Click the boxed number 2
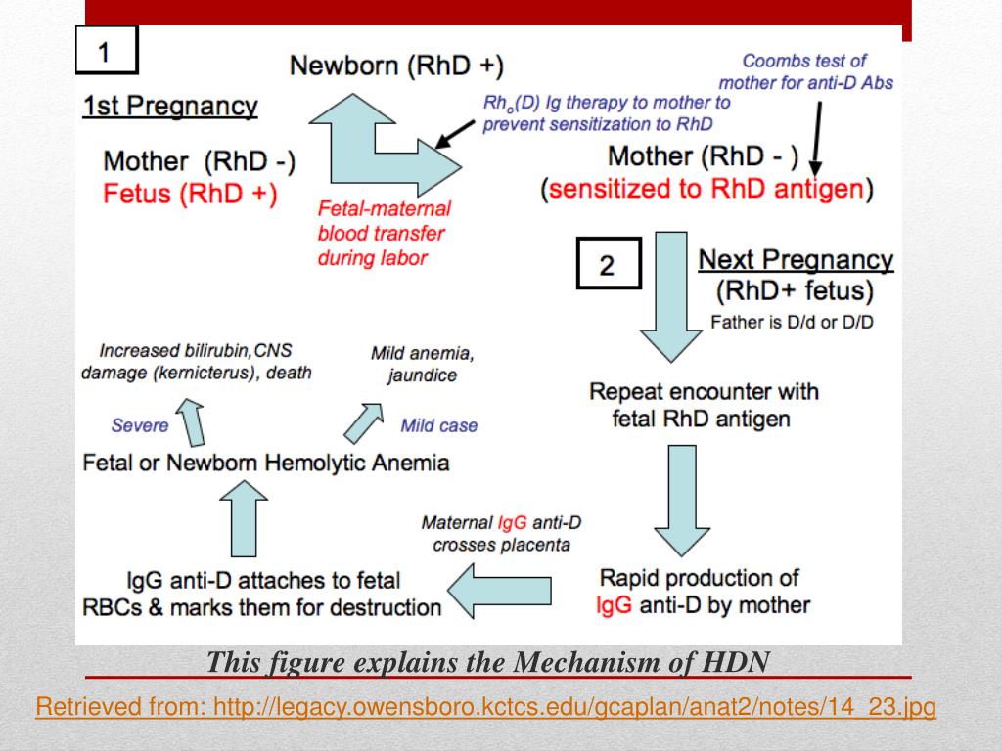607,265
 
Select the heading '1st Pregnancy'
170,107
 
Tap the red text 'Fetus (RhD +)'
190,194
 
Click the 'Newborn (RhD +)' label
396,66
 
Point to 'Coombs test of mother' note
805,71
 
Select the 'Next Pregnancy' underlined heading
795,260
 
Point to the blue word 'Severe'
140,425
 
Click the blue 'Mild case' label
439,426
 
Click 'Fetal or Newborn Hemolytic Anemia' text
266,463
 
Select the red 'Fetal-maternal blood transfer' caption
384,234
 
